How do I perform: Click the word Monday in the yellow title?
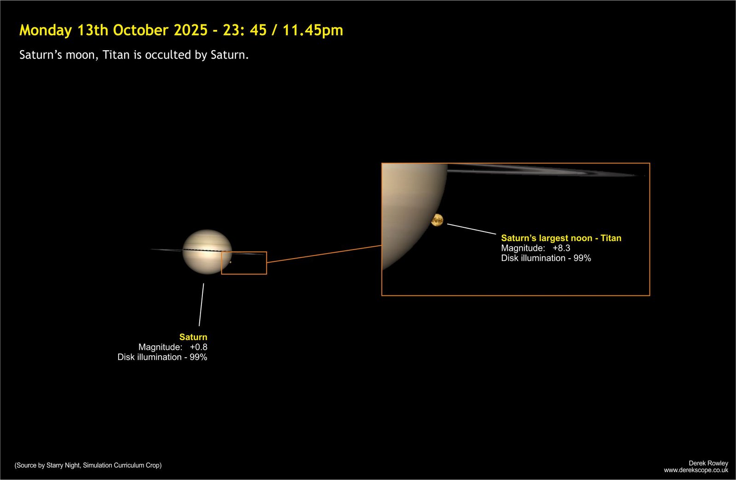(46, 30)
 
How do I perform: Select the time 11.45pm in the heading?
(313, 30)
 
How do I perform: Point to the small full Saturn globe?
(207, 252)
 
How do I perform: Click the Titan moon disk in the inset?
(437, 220)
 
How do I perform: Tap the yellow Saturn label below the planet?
(193, 337)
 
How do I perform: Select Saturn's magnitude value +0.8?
(198, 347)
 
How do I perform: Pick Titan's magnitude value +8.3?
(561, 248)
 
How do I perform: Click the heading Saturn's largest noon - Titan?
(561, 238)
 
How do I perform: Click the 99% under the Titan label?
(582, 258)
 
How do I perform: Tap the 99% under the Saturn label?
(198, 357)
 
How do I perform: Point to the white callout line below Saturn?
(201, 305)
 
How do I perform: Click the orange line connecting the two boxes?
(324, 254)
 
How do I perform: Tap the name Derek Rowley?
(708, 463)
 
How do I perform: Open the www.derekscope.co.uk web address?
(696, 470)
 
